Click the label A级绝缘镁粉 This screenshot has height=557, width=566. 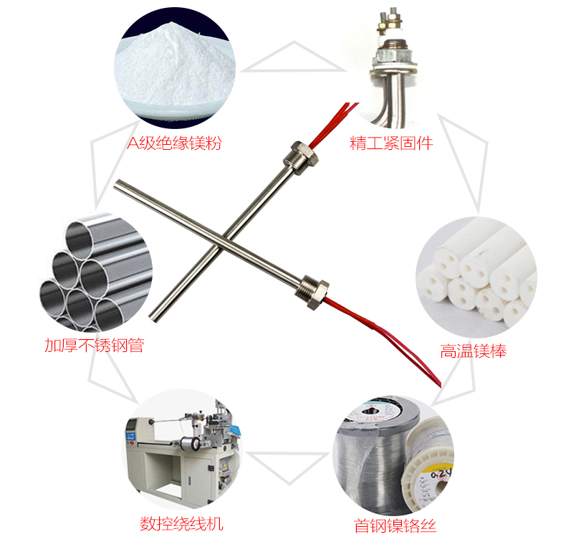pos(174,143)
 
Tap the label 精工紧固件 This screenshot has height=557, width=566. pos(391,143)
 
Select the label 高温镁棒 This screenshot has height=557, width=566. pos(474,351)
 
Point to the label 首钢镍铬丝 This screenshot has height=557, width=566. pos(395,525)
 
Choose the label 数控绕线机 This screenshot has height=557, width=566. pos(181,523)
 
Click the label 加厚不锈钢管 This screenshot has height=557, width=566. pos(95,346)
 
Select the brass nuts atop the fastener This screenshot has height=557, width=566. pos(390,22)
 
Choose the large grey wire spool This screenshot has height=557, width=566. pos(375,455)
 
